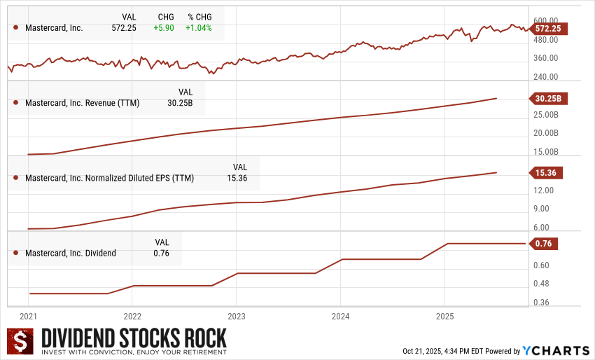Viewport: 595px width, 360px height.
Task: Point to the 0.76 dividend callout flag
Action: pos(543,244)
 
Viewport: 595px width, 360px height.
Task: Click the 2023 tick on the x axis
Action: pos(237,315)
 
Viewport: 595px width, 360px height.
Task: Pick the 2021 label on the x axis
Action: pos(29,315)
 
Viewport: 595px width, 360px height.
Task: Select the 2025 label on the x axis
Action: pos(444,315)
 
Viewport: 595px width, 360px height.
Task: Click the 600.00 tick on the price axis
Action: pos(545,20)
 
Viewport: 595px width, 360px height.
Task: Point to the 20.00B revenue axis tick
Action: pos(545,133)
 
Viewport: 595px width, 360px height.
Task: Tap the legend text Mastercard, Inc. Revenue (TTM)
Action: pos(82,103)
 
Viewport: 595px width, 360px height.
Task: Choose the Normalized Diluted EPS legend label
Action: pos(109,178)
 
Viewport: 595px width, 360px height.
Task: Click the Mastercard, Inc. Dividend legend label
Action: pos(70,253)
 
